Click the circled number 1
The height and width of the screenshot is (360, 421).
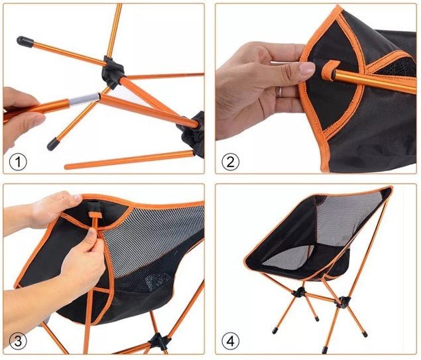[18, 160]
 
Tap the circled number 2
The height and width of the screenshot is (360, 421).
[230, 161]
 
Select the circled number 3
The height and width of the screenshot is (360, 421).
[18, 341]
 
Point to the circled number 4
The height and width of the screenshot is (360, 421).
[230, 341]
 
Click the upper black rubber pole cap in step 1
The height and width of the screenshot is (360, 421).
[25, 42]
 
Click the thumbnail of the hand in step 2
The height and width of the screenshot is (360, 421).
[307, 68]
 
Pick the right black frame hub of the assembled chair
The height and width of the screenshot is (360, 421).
[343, 303]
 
